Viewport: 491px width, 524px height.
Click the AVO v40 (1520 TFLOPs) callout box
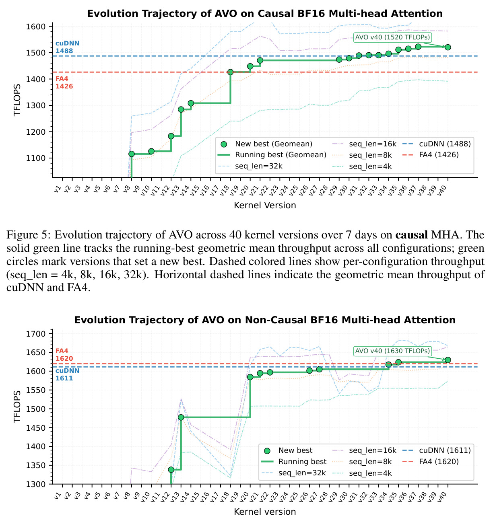tap(392, 37)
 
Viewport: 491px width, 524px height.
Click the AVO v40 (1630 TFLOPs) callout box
tap(392, 351)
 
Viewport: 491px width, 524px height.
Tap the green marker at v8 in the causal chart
tap(132, 154)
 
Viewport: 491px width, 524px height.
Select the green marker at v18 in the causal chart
tap(230, 72)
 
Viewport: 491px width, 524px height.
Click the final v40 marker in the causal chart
tap(448, 47)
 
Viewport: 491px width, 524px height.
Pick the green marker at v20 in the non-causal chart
tap(250, 377)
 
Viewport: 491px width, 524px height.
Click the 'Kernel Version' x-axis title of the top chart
tap(265, 205)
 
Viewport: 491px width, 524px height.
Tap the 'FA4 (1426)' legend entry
tap(430, 155)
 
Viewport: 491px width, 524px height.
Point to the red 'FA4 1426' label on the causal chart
tap(64, 82)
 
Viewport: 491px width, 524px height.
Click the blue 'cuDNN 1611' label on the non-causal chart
tap(67, 374)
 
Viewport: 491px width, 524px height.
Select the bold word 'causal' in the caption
tap(411, 235)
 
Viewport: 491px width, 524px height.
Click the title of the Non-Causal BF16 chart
tap(265, 320)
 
